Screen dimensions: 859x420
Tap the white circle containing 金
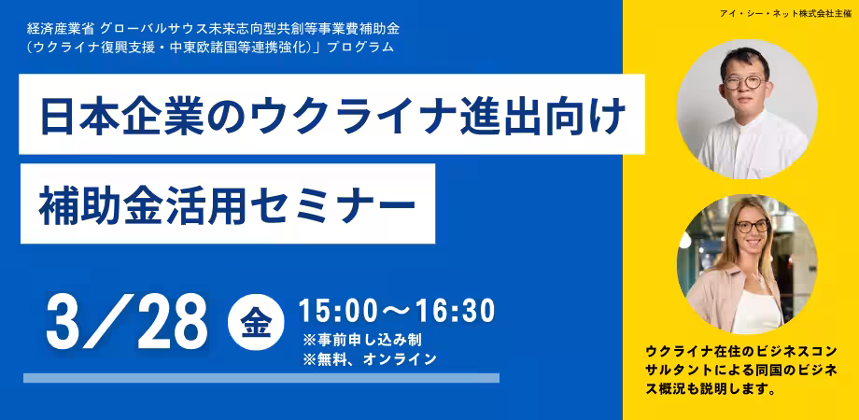[x=256, y=322]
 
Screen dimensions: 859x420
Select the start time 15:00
[x=338, y=311]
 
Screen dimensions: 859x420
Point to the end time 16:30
[x=456, y=311]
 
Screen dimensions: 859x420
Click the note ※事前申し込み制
[x=361, y=340]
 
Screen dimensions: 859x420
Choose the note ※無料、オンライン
[x=369, y=358]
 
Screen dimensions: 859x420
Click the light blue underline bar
[x=261, y=378]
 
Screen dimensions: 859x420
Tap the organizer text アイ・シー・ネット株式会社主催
[x=786, y=14]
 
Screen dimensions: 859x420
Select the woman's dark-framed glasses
[x=753, y=226]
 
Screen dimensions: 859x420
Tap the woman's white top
[x=757, y=311]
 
